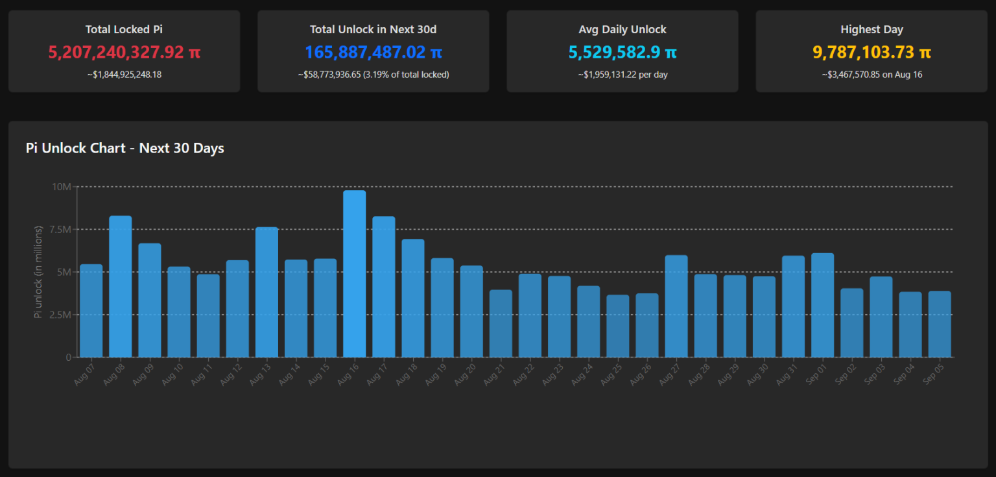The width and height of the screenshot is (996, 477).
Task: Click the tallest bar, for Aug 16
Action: [354, 273]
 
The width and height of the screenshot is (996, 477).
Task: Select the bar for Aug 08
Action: [120, 286]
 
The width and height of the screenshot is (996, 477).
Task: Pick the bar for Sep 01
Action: [822, 305]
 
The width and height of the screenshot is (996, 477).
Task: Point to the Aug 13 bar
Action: [267, 292]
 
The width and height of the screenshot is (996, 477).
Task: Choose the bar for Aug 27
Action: [676, 306]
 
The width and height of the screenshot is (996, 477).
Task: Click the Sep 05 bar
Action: [940, 324]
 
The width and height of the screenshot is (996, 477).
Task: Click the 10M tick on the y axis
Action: [61, 187]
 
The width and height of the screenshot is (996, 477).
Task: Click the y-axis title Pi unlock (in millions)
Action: [38, 272]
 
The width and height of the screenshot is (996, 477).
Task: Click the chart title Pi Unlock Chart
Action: [125, 148]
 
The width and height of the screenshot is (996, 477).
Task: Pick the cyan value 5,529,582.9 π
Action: [622, 53]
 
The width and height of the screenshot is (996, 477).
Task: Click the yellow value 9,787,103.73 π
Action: [871, 53]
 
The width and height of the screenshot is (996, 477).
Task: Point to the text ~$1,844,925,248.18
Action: [124, 75]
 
